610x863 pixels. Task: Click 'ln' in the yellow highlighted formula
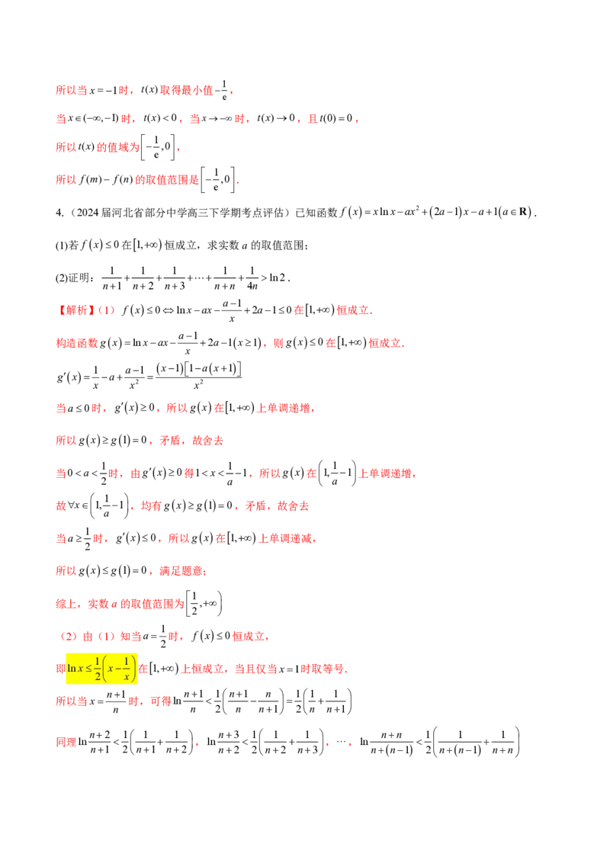pos(71,669)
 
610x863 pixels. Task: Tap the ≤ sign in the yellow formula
pos(88,669)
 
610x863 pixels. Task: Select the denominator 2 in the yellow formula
pos(98,676)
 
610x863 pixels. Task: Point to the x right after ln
pos(79,669)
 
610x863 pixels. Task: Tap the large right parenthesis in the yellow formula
pos(135,669)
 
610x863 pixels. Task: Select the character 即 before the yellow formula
pos(59,669)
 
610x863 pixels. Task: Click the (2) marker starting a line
pos(66,637)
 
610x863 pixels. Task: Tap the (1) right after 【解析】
pos(106,310)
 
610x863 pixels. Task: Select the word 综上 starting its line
pos(63,604)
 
